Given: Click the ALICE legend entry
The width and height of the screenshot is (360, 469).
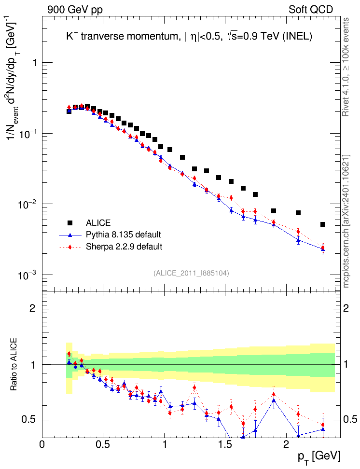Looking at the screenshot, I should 98,223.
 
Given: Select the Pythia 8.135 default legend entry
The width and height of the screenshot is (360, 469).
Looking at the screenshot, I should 123,235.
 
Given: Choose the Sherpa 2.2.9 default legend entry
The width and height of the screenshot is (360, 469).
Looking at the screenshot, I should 124,247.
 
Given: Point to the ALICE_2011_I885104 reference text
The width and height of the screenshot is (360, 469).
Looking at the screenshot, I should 191,273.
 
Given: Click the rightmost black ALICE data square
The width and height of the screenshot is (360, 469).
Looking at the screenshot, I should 323,224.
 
